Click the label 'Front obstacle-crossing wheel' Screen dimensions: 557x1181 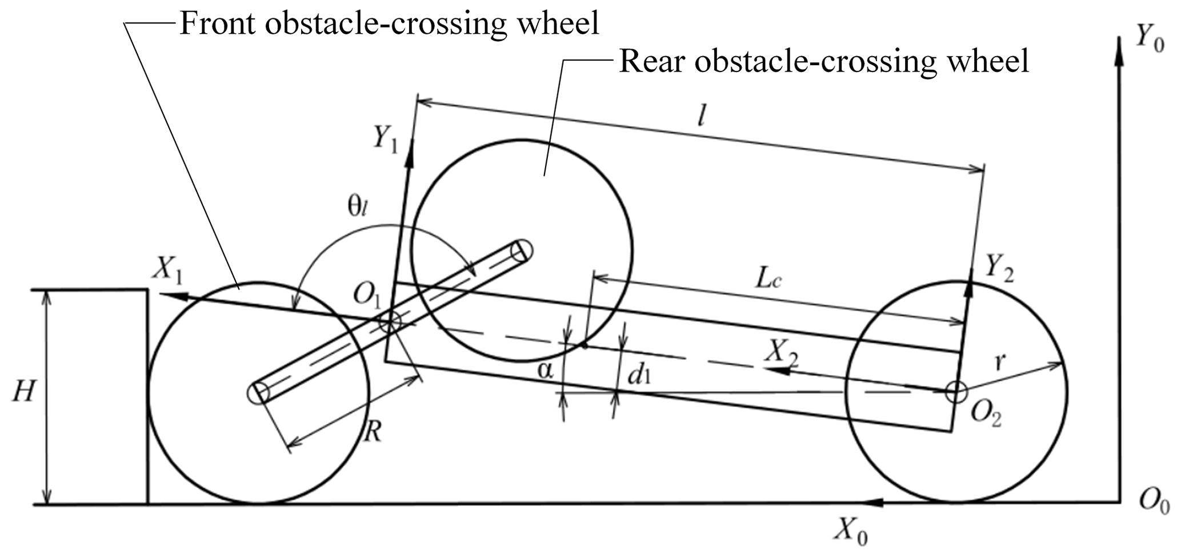(x=390, y=24)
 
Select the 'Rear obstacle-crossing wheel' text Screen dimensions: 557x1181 (x=823, y=61)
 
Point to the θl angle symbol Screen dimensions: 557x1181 (x=358, y=208)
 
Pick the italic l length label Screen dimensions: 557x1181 (x=702, y=117)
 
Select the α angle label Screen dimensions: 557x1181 (x=546, y=371)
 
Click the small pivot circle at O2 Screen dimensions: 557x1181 (x=955, y=393)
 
